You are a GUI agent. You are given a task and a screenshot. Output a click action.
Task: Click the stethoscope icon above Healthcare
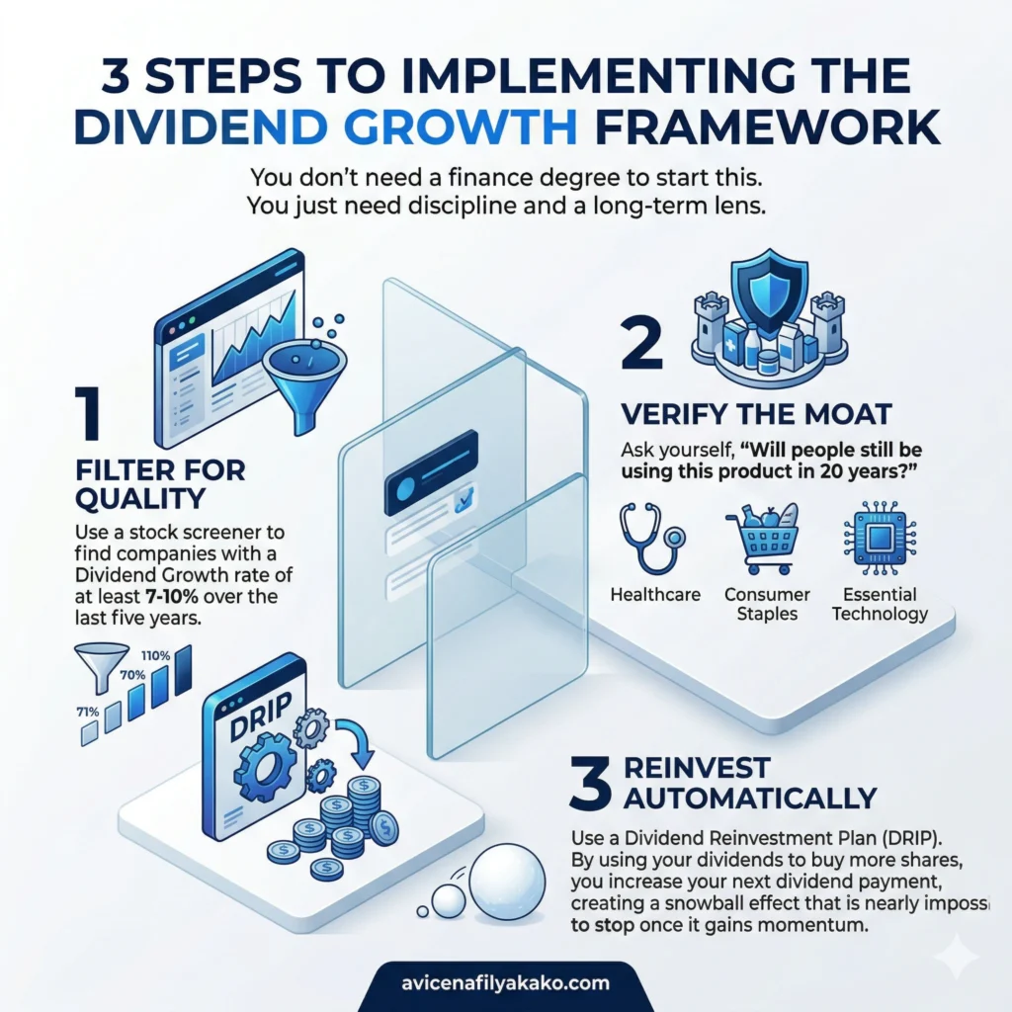click(653, 540)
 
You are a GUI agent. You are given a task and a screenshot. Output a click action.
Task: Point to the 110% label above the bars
click(156, 655)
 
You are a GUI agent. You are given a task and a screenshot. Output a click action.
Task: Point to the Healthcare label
click(655, 595)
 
